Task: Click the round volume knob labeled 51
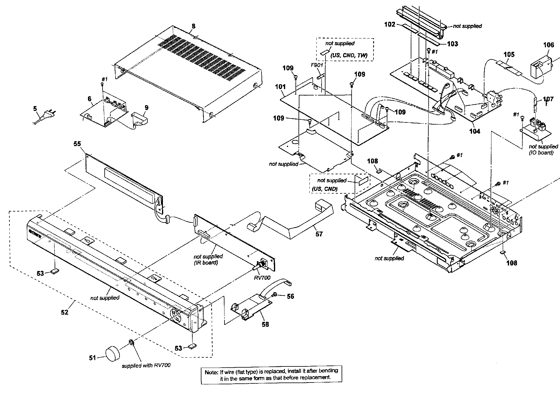(x=113, y=354)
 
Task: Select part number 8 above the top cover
(x=194, y=26)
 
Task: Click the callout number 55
(x=77, y=144)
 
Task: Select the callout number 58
(x=265, y=324)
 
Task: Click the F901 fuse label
(x=317, y=65)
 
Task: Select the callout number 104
(x=474, y=131)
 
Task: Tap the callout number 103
(x=452, y=44)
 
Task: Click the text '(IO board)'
(x=541, y=153)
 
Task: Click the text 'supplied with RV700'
(x=146, y=366)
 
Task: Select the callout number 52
(x=65, y=312)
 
